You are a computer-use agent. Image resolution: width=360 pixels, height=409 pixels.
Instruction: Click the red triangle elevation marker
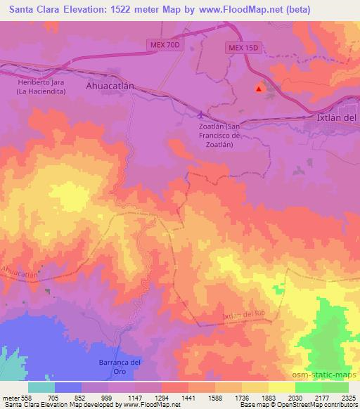[259, 89]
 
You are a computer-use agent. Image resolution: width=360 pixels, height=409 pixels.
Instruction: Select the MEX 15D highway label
[243, 48]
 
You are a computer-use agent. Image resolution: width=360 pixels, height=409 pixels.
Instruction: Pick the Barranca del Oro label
[117, 366]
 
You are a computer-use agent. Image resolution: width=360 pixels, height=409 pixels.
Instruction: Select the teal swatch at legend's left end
[41, 387]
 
